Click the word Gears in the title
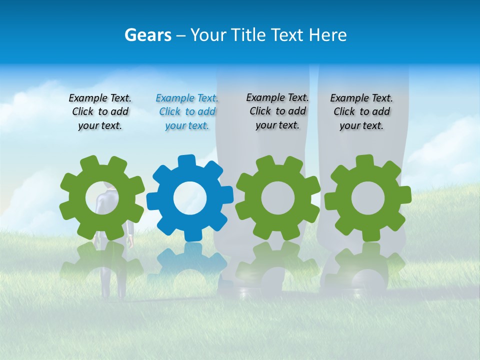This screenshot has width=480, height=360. click(147, 35)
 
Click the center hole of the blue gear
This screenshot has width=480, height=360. click(189, 198)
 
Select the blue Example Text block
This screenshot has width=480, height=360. click(187, 112)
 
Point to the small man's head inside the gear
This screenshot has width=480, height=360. click(107, 186)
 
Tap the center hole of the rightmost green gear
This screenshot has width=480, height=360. click(367, 198)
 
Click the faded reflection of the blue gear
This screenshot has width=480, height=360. click(187, 260)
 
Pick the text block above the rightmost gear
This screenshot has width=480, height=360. click(361, 112)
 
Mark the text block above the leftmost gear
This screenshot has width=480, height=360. click(100, 112)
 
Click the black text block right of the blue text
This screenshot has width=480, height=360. click(277, 111)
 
